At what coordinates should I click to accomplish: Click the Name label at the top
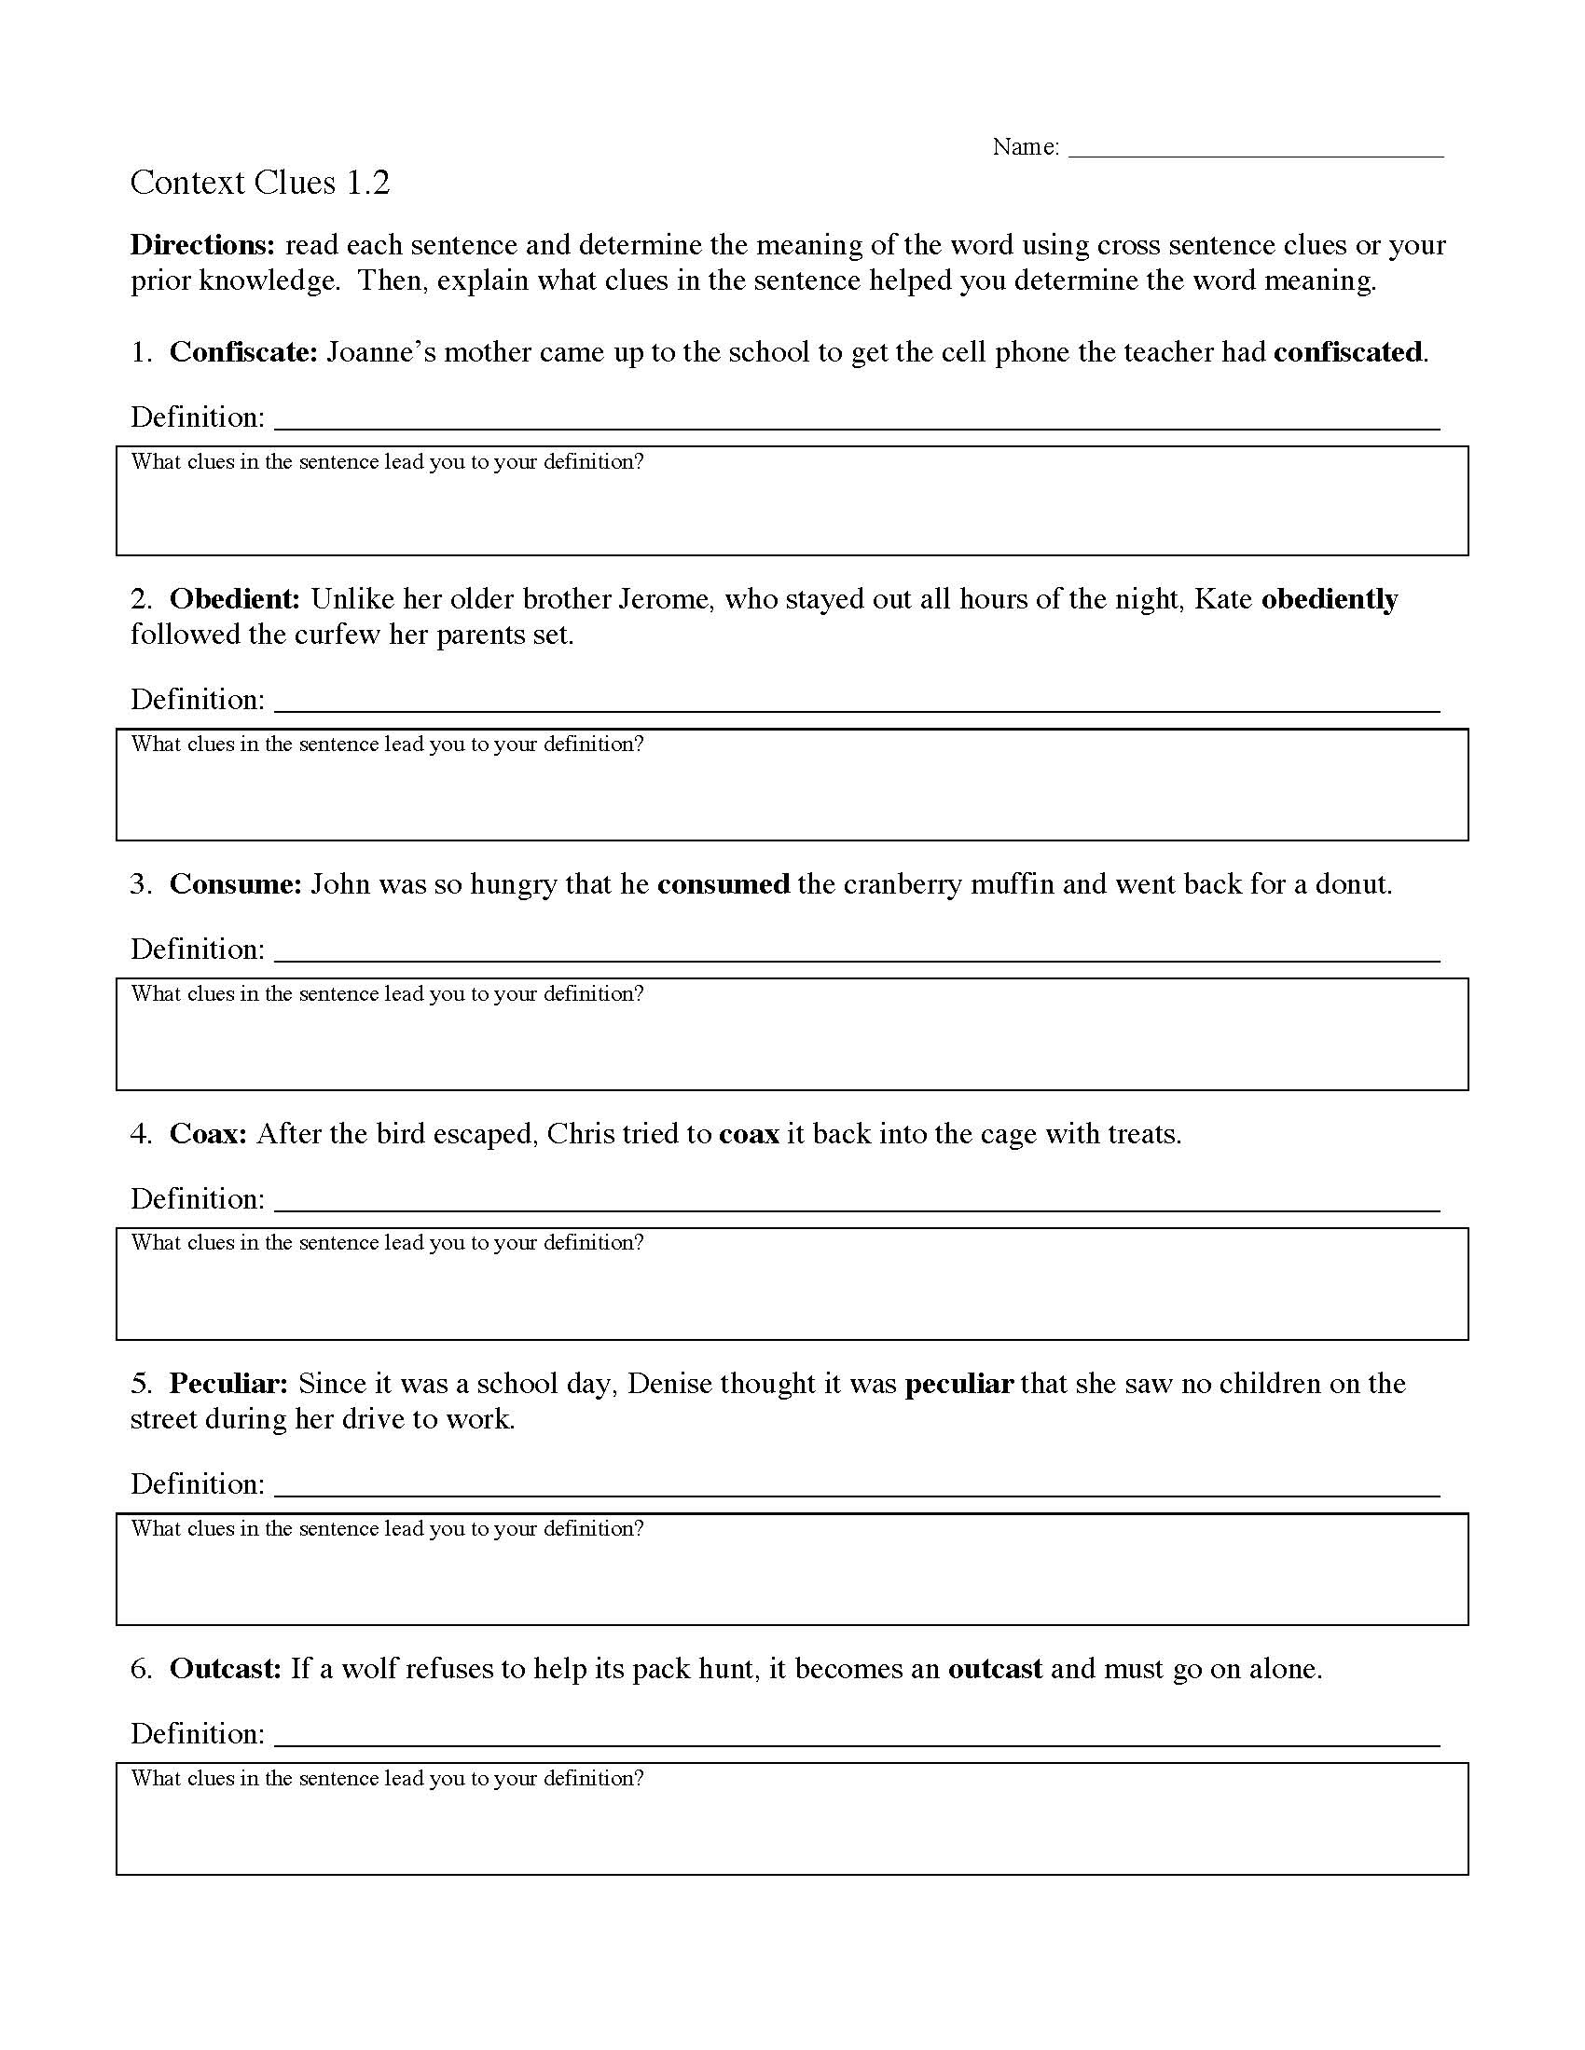pos(1026,147)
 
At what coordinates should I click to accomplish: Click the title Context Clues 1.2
pos(259,182)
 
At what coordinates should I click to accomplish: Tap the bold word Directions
pos(202,245)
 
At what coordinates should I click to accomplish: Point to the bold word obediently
pos(1329,599)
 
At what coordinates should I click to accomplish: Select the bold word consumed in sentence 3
pos(723,884)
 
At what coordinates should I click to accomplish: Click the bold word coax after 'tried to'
pos(749,1134)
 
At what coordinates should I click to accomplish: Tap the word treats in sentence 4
pos(1142,1134)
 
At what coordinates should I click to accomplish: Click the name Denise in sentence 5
pos(669,1384)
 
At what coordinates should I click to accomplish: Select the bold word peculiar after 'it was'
pos(958,1384)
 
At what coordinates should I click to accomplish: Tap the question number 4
pos(141,1134)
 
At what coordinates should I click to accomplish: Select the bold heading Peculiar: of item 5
pos(228,1384)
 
